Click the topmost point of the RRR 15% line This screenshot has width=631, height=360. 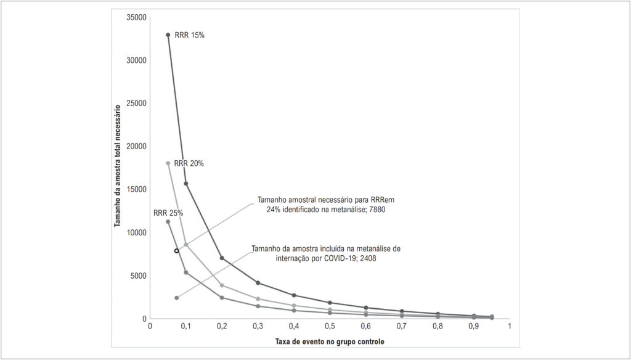tap(168, 35)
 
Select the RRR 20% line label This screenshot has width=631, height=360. tap(189, 164)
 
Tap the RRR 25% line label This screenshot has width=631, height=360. tap(168, 213)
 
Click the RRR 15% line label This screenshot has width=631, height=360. tap(190, 35)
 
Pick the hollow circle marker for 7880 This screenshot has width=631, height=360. tap(176, 251)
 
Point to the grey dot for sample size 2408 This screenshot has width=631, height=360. tap(176, 298)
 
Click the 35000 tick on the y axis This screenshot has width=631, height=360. tap(137, 18)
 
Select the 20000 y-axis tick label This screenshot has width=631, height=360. tap(137, 147)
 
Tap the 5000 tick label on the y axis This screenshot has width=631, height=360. tap(139, 276)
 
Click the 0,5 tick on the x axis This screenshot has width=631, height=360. tap(330, 326)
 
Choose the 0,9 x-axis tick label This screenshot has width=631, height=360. tap(474, 326)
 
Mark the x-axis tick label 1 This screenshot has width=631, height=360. tap(510, 326)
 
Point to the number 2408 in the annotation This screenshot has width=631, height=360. tap(368, 258)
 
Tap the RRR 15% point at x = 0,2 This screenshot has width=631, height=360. tap(222, 258)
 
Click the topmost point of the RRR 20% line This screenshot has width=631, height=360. tap(168, 163)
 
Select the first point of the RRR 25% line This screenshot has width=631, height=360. tap(168, 222)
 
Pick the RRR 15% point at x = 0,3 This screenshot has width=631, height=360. tap(258, 283)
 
